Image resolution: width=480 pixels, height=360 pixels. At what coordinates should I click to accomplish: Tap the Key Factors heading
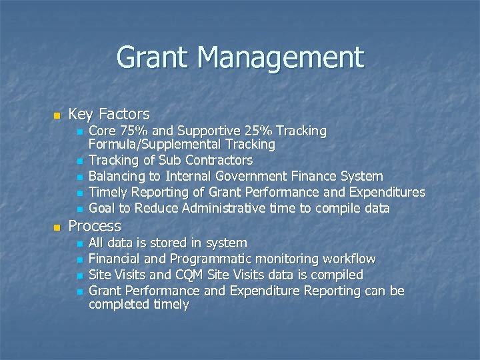109,114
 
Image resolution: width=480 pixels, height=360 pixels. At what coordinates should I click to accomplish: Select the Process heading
95,226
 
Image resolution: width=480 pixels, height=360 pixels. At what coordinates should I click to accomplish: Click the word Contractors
219,160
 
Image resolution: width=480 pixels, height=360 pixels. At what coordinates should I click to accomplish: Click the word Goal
102,208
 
